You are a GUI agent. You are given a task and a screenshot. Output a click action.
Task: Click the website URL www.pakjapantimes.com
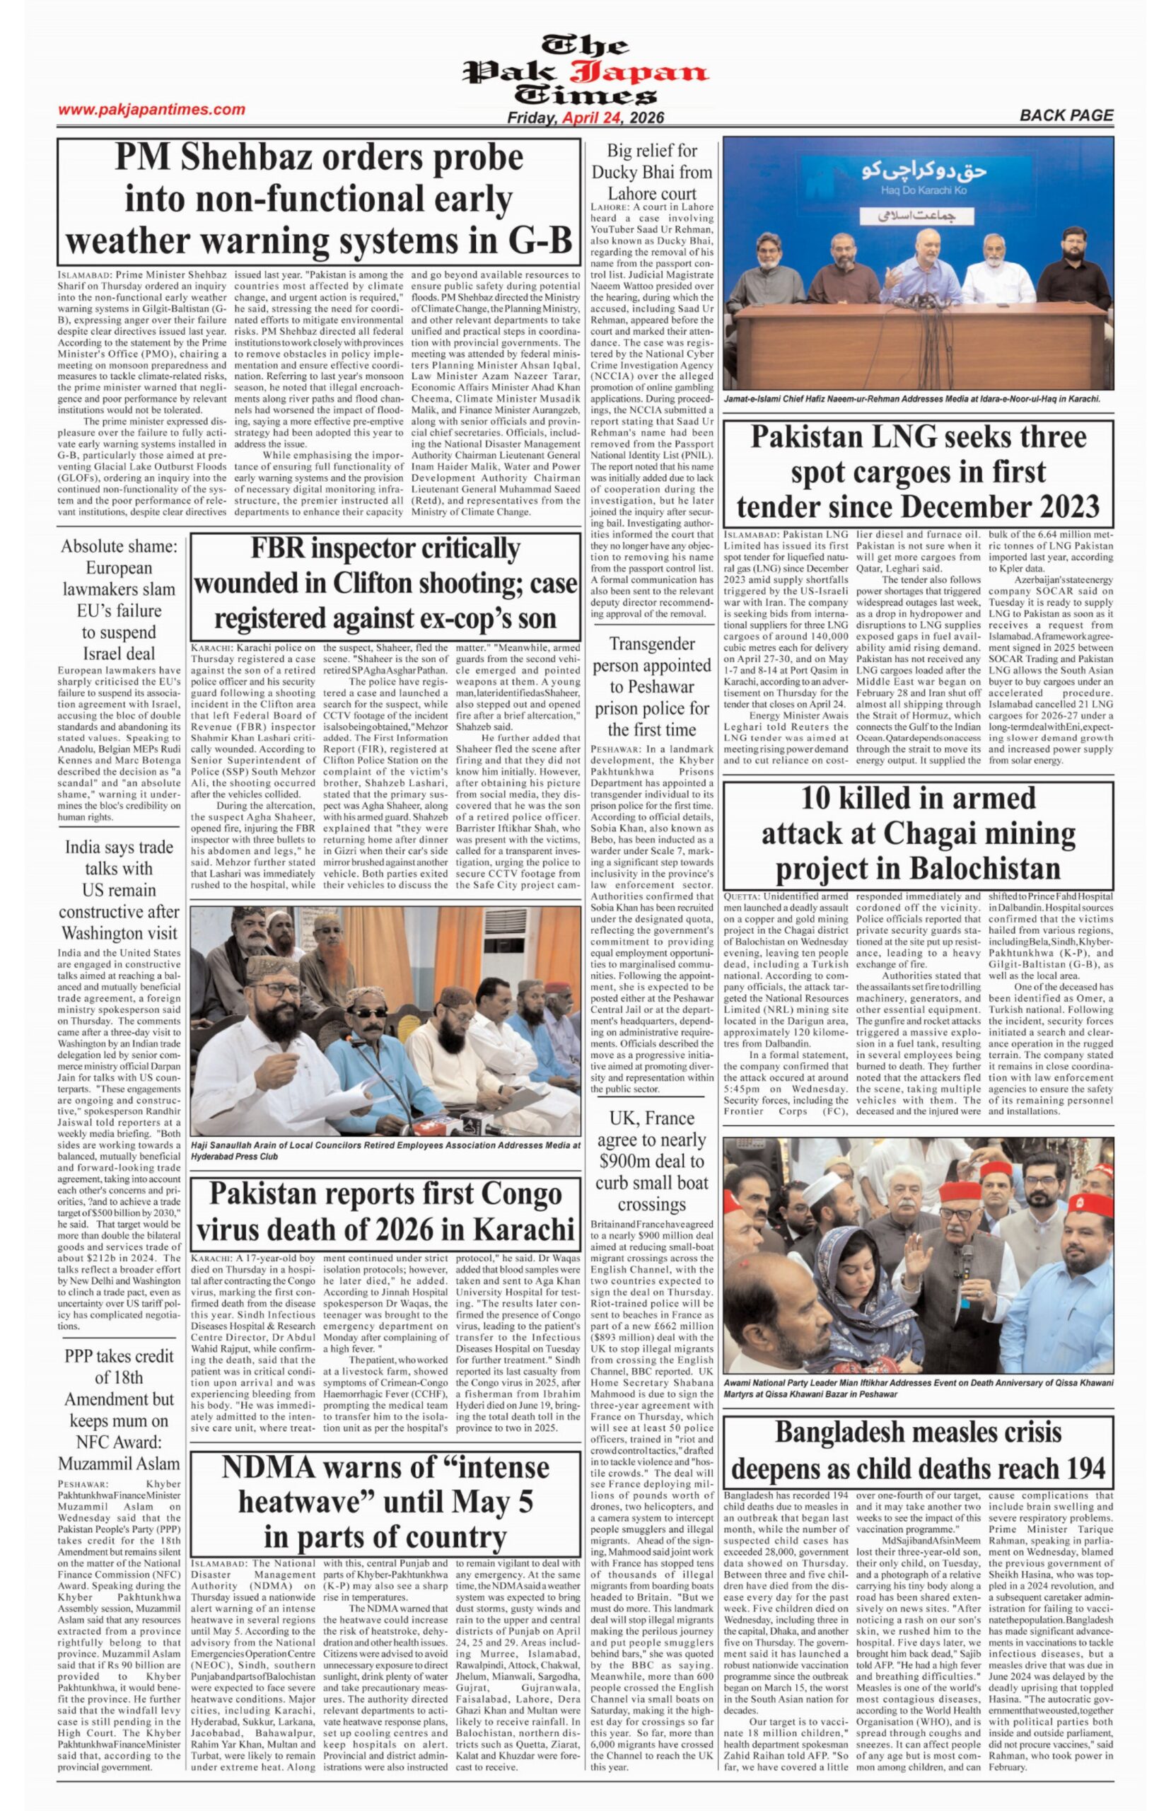[151, 110]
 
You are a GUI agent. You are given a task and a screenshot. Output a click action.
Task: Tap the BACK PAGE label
[1066, 115]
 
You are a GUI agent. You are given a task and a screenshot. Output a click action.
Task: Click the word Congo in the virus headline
[514, 1193]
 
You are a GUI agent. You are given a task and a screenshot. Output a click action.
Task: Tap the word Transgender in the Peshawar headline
[652, 644]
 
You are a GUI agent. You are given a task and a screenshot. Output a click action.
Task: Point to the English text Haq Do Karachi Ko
[919, 189]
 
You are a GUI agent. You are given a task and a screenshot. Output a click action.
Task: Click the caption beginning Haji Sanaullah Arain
[385, 1150]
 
